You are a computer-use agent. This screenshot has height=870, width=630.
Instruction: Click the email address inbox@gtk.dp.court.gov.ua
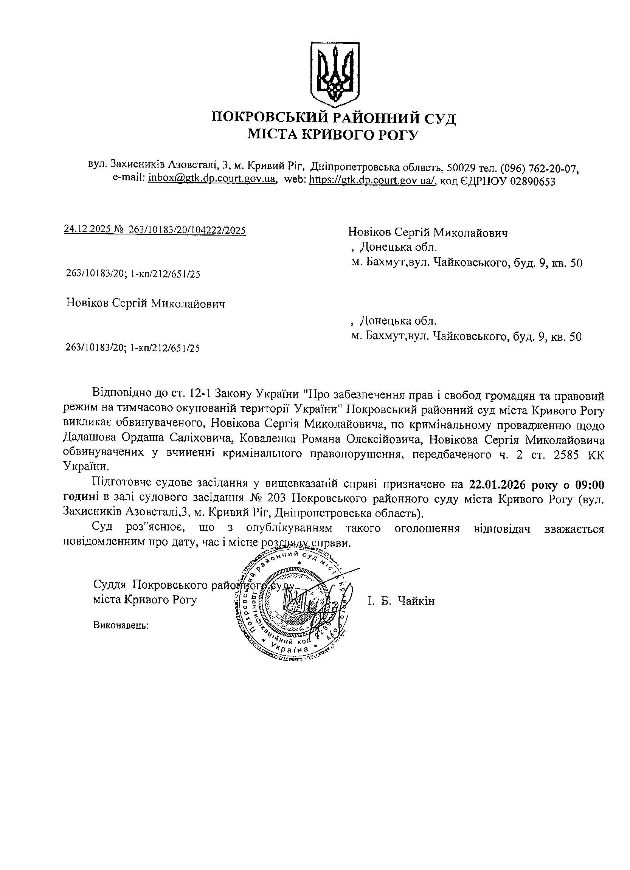212,178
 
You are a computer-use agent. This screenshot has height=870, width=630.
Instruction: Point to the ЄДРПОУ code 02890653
532,180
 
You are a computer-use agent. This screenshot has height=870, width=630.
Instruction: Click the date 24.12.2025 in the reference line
87,229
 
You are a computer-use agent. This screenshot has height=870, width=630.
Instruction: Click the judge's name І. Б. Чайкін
400,600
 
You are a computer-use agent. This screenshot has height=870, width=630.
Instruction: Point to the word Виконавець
121,625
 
